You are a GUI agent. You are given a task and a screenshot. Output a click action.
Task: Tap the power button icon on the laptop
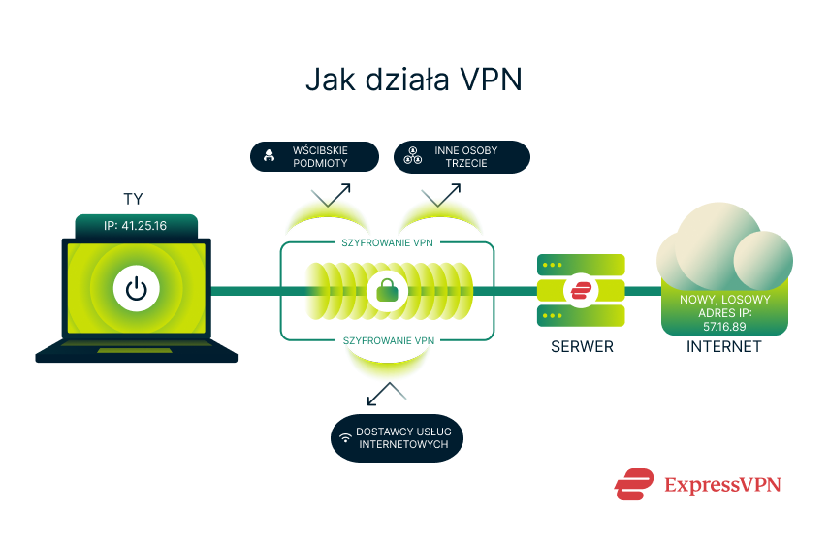(x=136, y=289)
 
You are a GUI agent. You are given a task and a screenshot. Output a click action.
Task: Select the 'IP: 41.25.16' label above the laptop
(x=136, y=227)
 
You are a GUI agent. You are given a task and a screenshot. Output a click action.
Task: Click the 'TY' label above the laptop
(x=134, y=199)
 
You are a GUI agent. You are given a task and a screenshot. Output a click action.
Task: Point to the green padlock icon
(x=388, y=290)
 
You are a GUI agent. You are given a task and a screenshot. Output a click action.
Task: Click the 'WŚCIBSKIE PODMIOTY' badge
(x=313, y=157)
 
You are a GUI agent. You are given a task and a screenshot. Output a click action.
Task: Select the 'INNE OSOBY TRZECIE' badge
(x=462, y=157)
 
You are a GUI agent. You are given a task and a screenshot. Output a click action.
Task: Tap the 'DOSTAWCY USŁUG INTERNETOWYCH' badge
(x=396, y=437)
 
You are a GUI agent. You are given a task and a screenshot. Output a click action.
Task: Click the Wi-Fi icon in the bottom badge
(x=344, y=438)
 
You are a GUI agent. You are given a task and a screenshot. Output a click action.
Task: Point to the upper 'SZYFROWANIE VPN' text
(x=387, y=242)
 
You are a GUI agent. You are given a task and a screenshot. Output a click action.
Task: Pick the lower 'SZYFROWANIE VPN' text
(x=387, y=340)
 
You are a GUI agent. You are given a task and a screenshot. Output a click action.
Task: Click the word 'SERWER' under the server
(x=582, y=346)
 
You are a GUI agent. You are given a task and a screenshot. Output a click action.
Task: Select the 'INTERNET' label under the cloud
(x=723, y=346)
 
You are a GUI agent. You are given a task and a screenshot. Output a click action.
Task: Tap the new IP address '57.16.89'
(x=723, y=326)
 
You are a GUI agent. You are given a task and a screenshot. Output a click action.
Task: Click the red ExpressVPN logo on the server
(x=582, y=290)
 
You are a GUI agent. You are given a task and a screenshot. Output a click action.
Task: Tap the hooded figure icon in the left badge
(x=270, y=157)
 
